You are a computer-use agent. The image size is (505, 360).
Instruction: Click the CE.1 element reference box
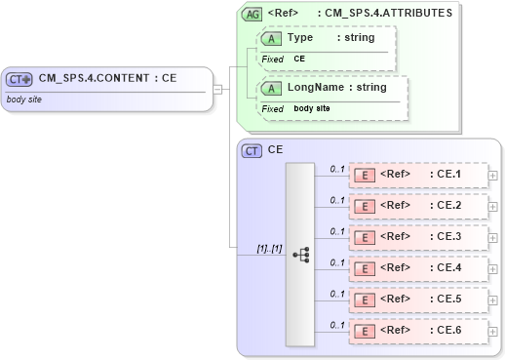[x=418, y=175]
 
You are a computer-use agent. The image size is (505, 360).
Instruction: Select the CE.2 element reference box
[x=418, y=206]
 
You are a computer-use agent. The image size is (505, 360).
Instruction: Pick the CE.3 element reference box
[x=418, y=237]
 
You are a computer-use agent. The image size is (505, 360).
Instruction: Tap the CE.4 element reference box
[x=418, y=268]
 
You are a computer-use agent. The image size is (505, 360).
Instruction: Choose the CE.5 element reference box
[x=418, y=300]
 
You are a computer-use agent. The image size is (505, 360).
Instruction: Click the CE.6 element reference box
[x=418, y=331]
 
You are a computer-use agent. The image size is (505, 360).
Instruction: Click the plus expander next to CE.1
[x=493, y=176]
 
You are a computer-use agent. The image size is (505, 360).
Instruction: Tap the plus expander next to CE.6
[x=493, y=332]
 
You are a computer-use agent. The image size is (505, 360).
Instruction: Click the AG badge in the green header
[x=252, y=14]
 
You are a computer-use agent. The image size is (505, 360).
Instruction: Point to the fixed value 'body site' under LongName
[x=313, y=108]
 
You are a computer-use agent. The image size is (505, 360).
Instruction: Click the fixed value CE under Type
[x=300, y=59]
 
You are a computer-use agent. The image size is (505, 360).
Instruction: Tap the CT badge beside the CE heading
[x=252, y=151]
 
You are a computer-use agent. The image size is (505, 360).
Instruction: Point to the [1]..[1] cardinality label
[x=268, y=249]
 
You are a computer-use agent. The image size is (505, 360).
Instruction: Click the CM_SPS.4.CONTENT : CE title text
[x=107, y=78]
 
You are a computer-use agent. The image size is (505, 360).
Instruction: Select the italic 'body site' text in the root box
[x=25, y=100]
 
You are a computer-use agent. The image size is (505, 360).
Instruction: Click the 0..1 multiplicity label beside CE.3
[x=336, y=231]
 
